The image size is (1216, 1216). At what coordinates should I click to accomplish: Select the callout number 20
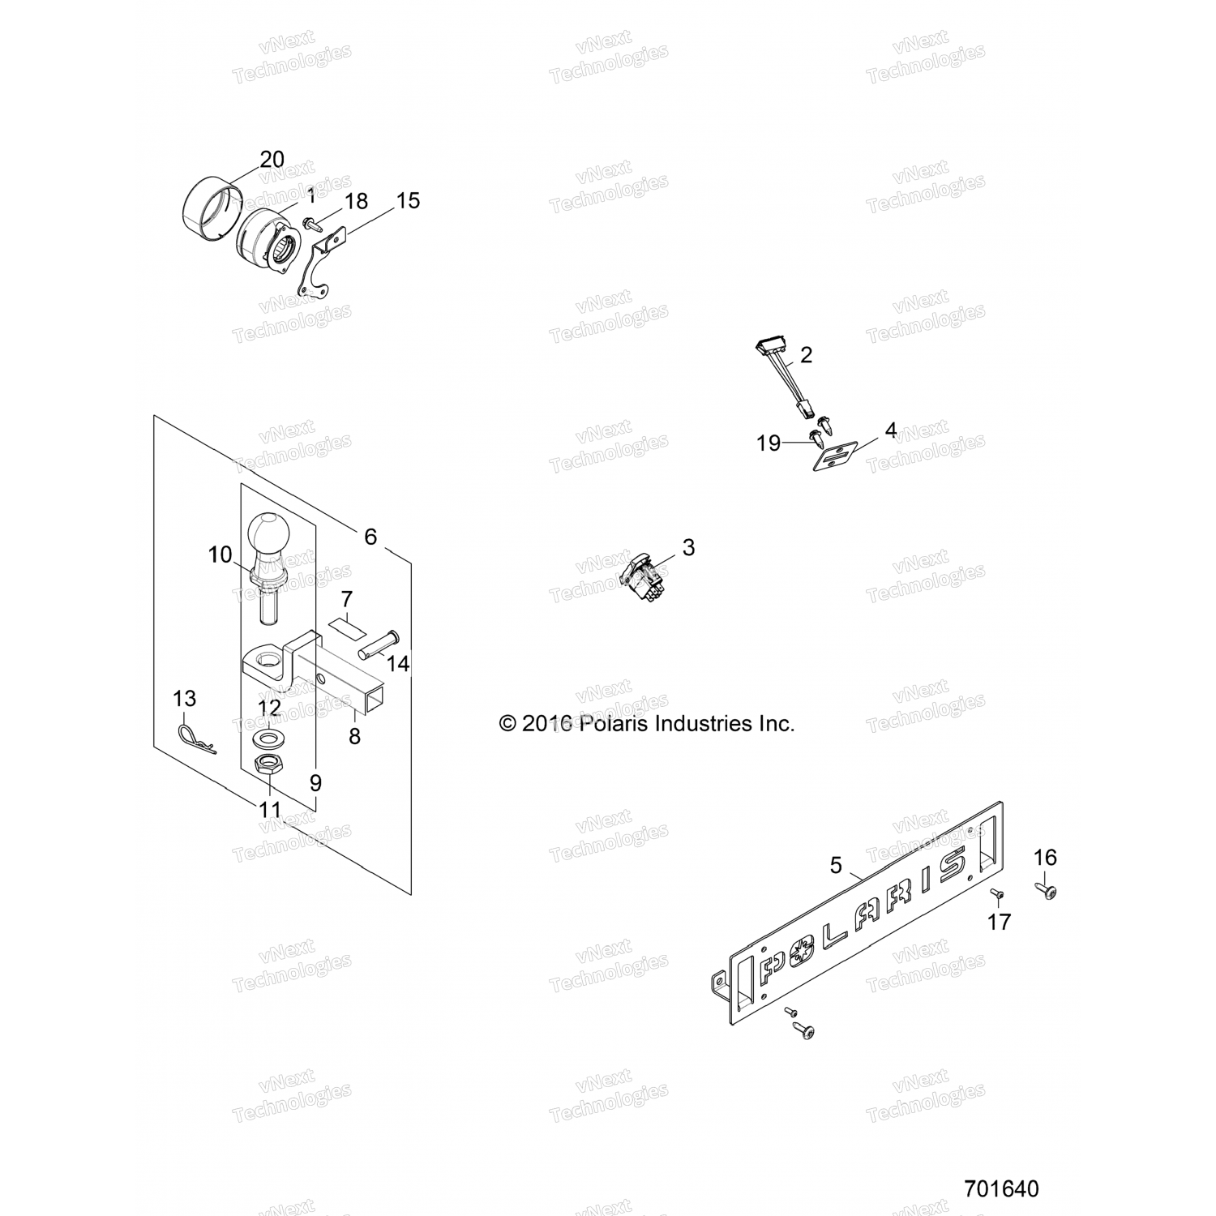pyautogui.click(x=272, y=159)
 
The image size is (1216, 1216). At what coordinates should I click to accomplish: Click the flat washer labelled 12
pyautogui.click(x=268, y=739)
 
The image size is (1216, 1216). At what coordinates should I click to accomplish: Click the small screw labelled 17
pyautogui.click(x=997, y=893)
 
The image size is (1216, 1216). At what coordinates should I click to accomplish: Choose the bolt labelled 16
pyautogui.click(x=1047, y=891)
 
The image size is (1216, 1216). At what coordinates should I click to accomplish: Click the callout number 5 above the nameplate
pyautogui.click(x=836, y=865)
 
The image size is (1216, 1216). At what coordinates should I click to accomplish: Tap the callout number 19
pyautogui.click(x=768, y=443)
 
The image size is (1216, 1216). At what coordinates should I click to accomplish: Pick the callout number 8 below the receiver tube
pyautogui.click(x=354, y=736)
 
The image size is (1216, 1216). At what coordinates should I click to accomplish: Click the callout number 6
pyautogui.click(x=370, y=536)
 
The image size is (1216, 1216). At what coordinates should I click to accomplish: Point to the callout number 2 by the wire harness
pyautogui.click(x=805, y=354)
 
